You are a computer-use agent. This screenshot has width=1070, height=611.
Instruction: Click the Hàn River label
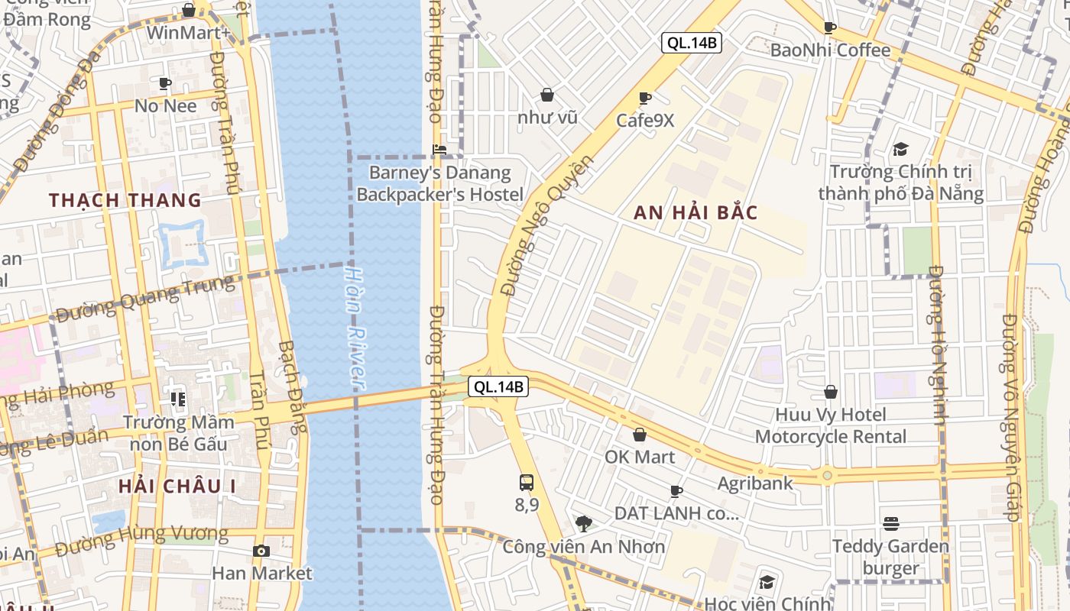coord(356,328)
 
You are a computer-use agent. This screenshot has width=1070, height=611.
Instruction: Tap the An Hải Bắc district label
coord(695,213)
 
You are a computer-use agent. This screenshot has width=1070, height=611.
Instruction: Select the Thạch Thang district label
coord(125,200)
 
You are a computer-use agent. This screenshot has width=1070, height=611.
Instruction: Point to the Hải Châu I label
coord(177,486)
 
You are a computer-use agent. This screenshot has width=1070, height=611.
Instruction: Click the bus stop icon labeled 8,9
coord(527,483)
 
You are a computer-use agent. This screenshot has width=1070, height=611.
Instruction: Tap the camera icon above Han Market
coord(261,551)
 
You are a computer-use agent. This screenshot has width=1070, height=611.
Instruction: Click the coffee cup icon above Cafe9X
coord(645,98)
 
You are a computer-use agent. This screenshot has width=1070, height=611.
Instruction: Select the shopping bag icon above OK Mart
coord(640,435)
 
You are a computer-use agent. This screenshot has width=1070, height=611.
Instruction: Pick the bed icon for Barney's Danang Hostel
coord(439,150)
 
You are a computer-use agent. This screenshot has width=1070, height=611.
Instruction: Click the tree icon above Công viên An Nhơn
coord(584,524)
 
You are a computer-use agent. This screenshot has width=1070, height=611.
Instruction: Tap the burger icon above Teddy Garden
coord(890,524)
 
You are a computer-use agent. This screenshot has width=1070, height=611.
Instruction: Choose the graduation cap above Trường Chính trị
coord(900,149)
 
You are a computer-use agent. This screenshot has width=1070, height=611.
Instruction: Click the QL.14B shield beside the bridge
coord(498,387)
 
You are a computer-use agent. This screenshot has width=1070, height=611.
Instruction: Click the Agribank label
coord(755,483)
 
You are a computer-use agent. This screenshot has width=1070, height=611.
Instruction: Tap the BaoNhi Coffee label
coord(831,50)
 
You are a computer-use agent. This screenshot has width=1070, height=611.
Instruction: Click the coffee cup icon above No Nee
coord(165,83)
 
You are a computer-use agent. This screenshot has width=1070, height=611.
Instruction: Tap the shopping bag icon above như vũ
coord(547,95)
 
